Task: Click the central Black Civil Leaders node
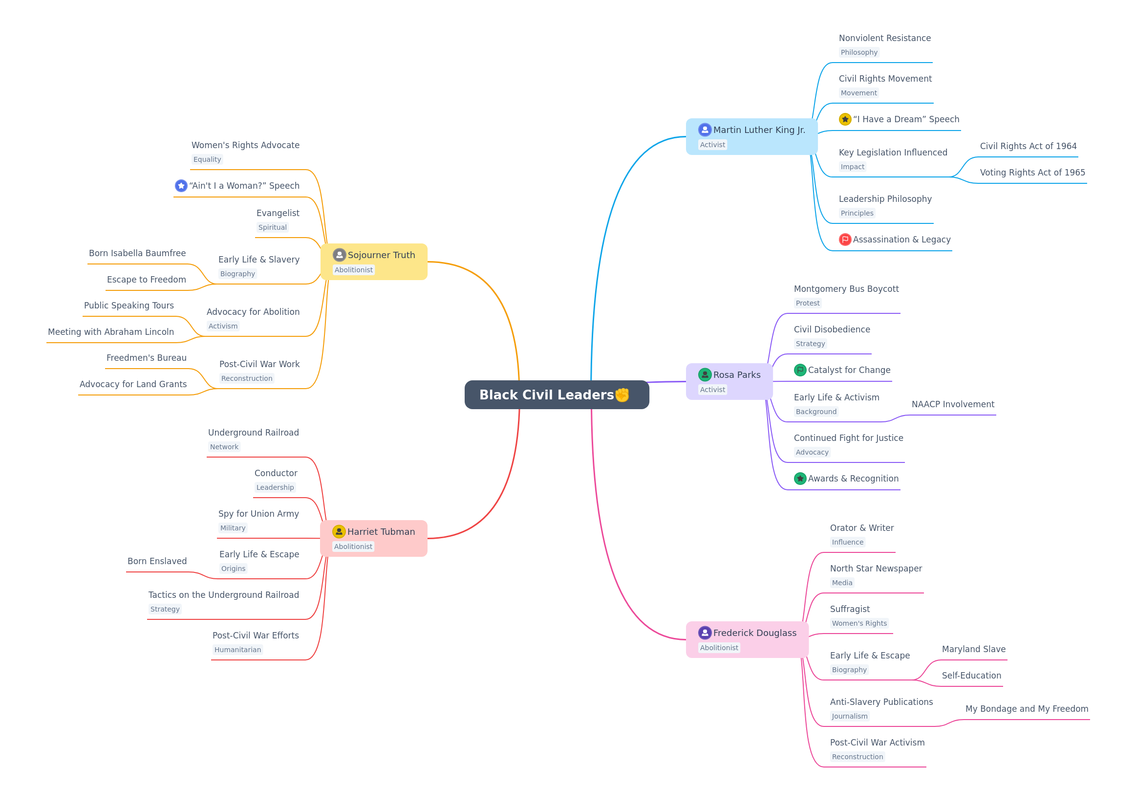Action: pyautogui.click(x=557, y=394)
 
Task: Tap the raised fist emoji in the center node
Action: pyautogui.click(x=622, y=394)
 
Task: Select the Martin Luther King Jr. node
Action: pyautogui.click(x=751, y=136)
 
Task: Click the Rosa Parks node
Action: pyautogui.click(x=729, y=382)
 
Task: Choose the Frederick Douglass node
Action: pyautogui.click(x=747, y=640)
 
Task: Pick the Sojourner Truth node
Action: pyautogui.click(x=374, y=262)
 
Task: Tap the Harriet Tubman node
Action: pyautogui.click(x=374, y=538)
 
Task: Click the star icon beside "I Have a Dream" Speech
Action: pyautogui.click(x=845, y=119)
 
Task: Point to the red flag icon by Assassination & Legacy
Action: pyautogui.click(x=845, y=239)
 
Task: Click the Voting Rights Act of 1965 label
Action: pyautogui.click(x=1032, y=173)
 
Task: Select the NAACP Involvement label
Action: pyautogui.click(x=953, y=404)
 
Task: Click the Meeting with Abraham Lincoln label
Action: pyautogui.click(x=111, y=332)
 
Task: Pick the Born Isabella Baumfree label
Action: pyautogui.click(x=137, y=253)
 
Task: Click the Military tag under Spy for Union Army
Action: pyautogui.click(x=233, y=528)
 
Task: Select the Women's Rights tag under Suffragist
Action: pyautogui.click(x=859, y=623)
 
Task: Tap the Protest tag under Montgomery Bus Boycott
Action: pyautogui.click(x=807, y=303)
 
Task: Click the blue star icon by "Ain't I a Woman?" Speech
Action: pyautogui.click(x=181, y=185)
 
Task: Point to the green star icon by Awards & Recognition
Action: pyautogui.click(x=800, y=479)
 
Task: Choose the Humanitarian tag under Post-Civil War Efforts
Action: pyautogui.click(x=237, y=650)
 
